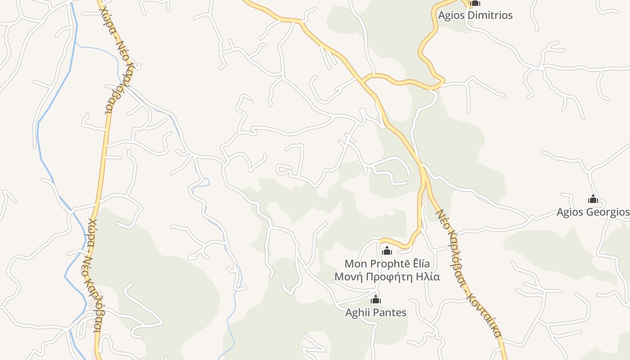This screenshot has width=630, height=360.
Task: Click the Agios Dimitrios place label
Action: point(475,15)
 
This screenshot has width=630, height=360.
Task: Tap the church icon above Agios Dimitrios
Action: point(475,4)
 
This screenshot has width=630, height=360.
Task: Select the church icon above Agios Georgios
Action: point(593,199)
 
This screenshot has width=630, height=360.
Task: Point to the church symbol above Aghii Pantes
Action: point(376,300)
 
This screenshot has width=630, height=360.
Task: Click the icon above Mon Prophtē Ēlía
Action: point(387,251)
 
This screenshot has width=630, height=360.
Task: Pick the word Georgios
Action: point(607,212)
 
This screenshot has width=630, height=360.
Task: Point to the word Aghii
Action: point(357,312)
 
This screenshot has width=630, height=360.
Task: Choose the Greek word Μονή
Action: point(348,276)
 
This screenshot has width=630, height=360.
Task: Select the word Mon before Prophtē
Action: point(355,264)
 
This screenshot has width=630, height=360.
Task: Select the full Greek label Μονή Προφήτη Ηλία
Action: point(387,276)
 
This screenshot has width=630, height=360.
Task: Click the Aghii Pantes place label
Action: point(376,312)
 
